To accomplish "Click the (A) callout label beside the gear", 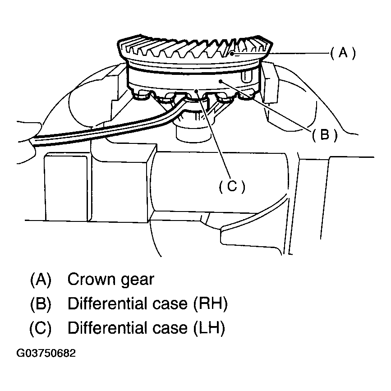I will (343, 54).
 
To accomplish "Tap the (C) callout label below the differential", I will (232, 186).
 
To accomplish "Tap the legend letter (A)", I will (41, 280).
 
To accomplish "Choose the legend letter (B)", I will (41, 304).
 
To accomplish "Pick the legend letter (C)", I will (41, 328).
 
